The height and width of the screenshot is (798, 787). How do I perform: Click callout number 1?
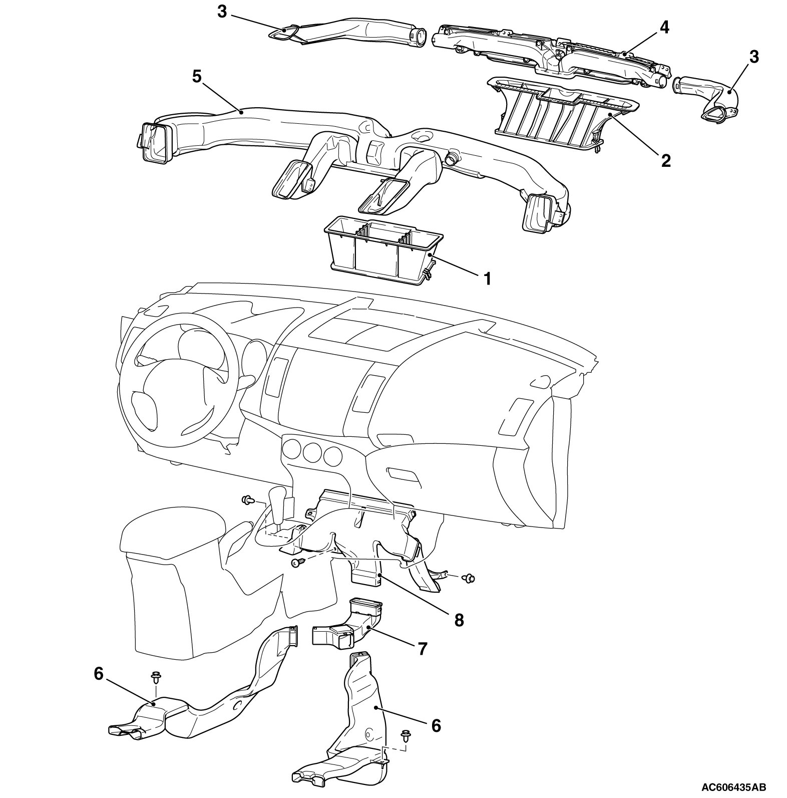coord(486,279)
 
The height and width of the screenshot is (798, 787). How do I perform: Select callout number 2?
coord(665,160)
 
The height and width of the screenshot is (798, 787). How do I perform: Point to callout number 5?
coord(197,77)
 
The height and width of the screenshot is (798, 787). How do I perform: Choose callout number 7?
coord(422,649)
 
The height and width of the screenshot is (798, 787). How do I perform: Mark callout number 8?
coord(459,620)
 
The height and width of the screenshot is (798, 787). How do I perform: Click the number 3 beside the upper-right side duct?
coord(753,57)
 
